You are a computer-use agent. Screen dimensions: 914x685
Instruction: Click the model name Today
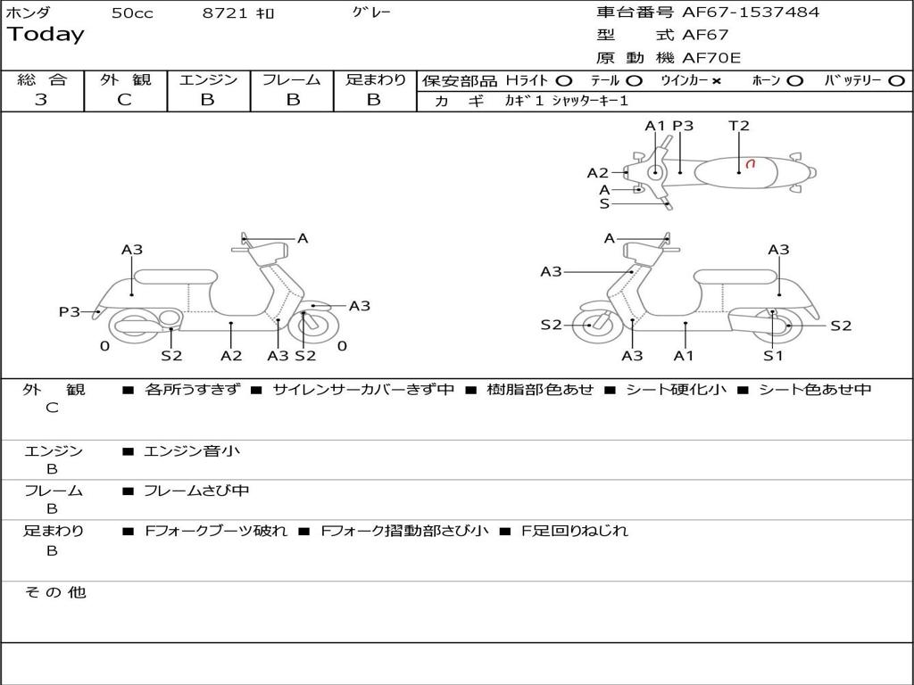tap(46, 35)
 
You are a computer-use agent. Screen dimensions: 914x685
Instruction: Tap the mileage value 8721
tap(226, 13)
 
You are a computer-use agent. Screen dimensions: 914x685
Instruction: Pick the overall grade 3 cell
tap(41, 100)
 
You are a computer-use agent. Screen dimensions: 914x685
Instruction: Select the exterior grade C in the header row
tap(125, 100)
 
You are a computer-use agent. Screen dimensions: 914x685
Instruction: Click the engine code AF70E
tap(711, 59)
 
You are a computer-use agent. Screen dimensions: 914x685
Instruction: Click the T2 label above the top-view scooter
tap(739, 126)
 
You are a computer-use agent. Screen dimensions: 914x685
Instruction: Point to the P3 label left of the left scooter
tap(70, 311)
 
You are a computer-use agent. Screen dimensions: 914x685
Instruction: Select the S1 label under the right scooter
tap(773, 355)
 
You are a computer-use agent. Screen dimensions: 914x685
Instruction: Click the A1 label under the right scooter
tap(684, 355)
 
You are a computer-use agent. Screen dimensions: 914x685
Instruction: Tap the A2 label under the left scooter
tap(231, 355)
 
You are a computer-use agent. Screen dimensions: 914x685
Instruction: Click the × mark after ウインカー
tap(716, 80)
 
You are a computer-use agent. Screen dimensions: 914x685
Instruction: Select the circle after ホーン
tap(794, 80)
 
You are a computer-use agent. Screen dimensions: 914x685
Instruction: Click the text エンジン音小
tap(192, 451)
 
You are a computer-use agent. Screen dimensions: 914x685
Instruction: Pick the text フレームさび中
tap(196, 491)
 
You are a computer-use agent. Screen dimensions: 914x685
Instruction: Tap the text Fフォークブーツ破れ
tap(216, 531)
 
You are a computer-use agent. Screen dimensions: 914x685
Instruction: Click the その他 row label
tap(55, 592)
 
